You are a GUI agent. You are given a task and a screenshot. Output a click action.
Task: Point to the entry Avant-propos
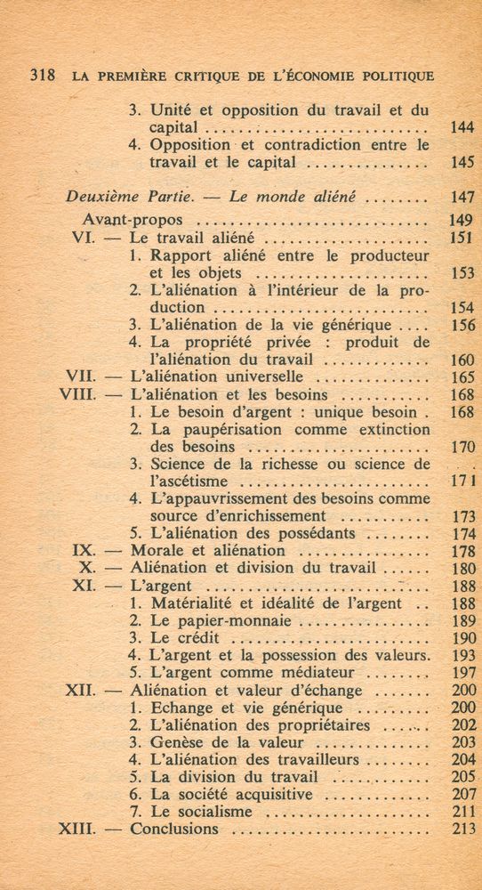[x=133, y=219]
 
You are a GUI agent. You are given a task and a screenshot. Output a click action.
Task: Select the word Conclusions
[x=174, y=829]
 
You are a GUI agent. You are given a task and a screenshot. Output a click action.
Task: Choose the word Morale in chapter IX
[x=158, y=551]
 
